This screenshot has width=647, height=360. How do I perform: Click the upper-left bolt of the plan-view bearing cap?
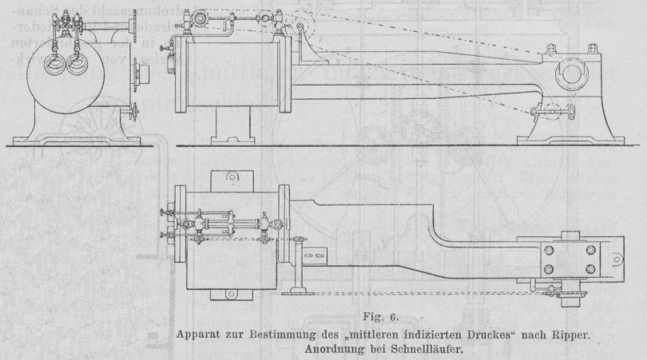549,249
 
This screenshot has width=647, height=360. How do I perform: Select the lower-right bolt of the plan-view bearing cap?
590,269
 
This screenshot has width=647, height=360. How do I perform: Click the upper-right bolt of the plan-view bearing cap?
590,249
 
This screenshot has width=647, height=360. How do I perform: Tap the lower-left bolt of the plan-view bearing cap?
549,269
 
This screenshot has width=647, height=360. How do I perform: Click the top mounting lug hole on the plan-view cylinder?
231,177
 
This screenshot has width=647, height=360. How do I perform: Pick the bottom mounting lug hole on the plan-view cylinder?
231,295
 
